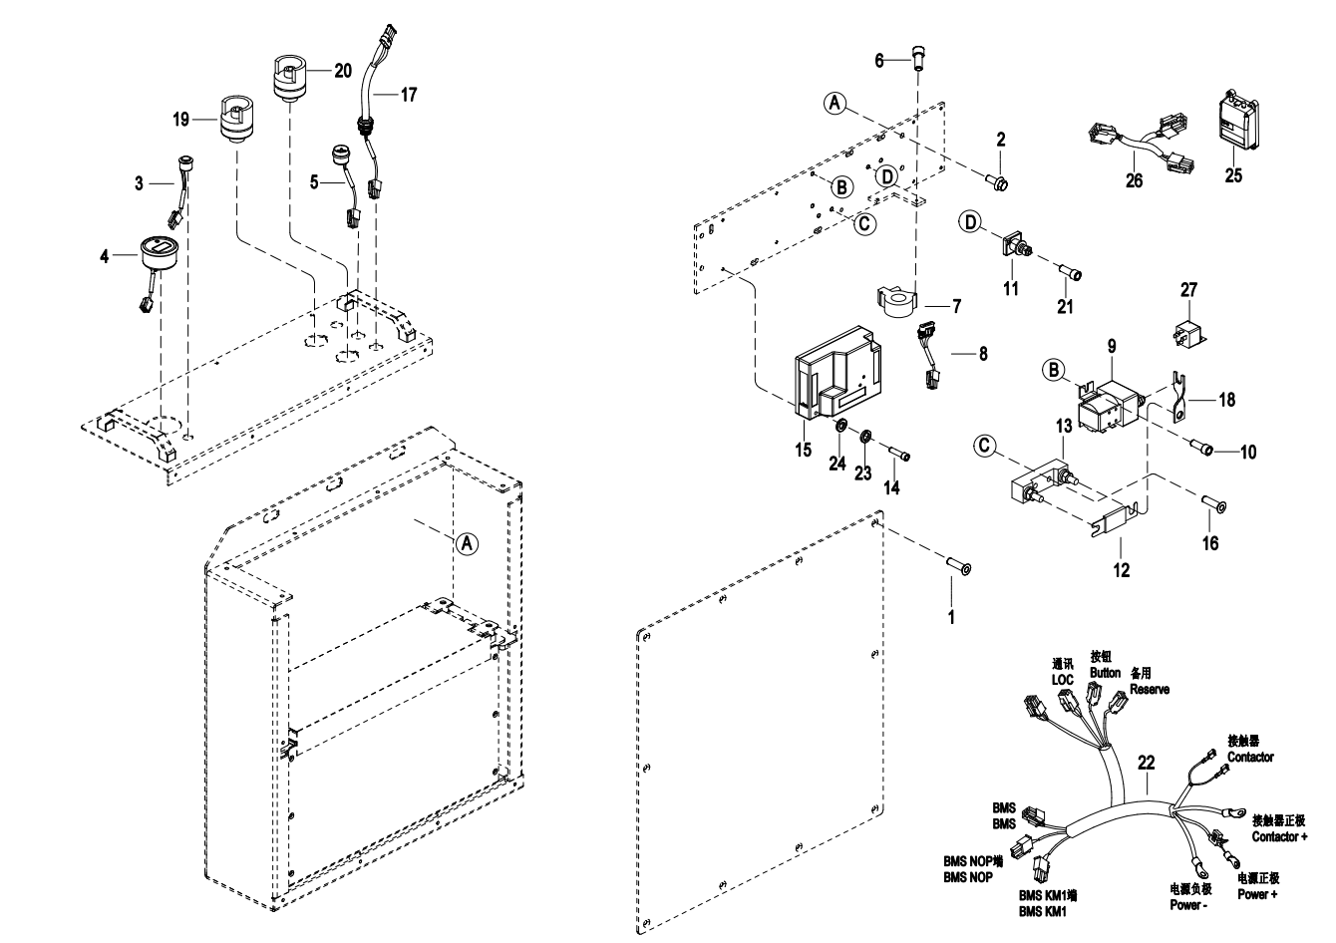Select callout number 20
click(342, 71)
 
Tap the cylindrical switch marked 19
click(237, 118)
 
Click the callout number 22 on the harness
click(1147, 763)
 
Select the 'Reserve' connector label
click(1150, 690)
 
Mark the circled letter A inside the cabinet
click(465, 542)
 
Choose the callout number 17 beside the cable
click(408, 95)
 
